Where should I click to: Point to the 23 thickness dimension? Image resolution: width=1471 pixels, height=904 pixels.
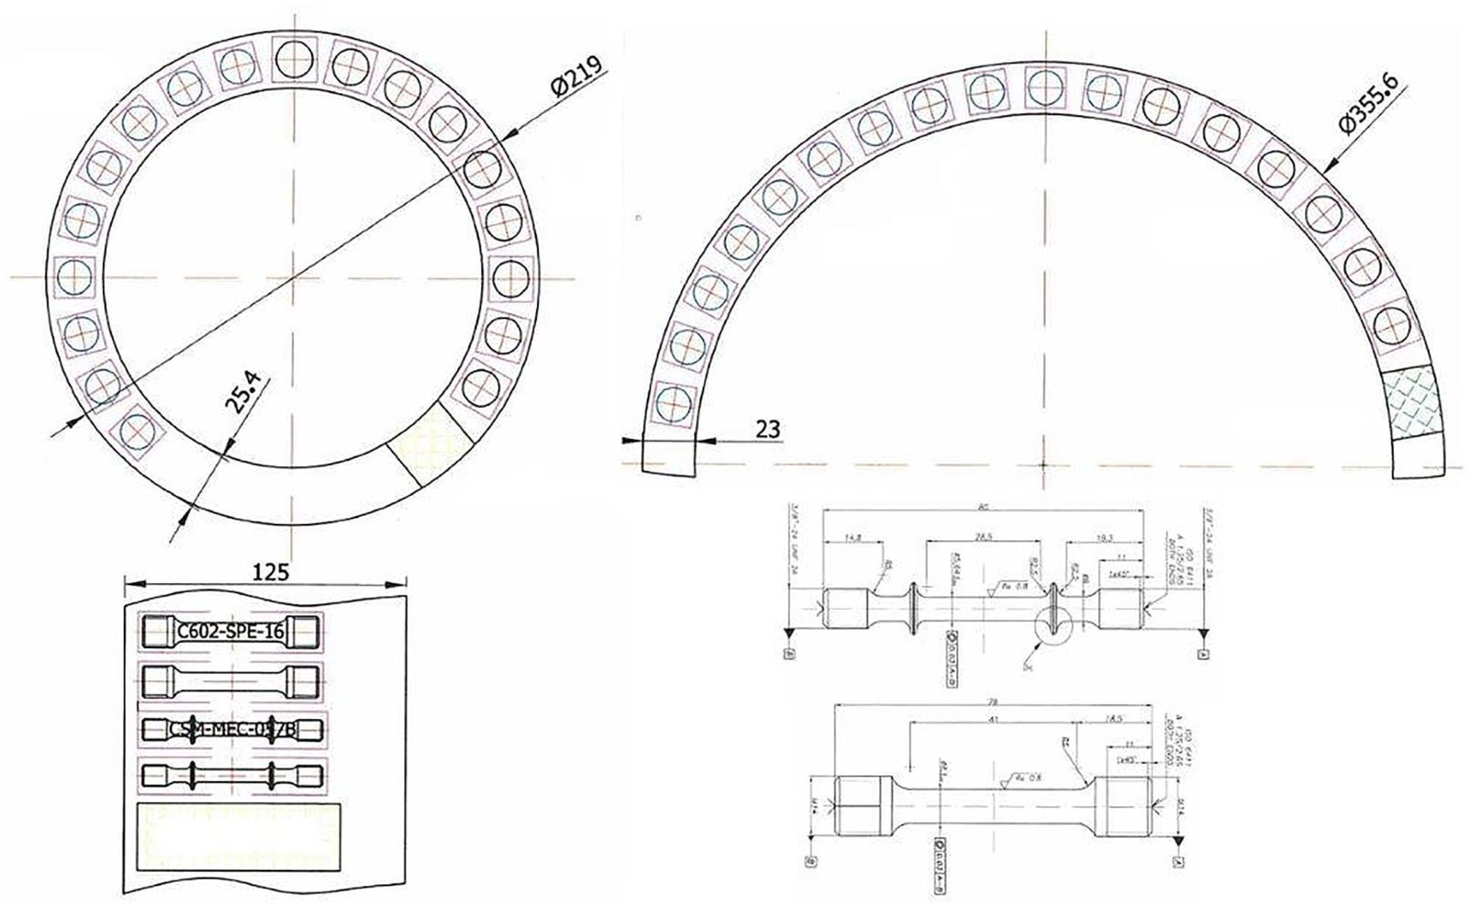[768, 429]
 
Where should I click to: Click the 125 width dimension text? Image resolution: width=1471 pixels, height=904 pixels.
[271, 571]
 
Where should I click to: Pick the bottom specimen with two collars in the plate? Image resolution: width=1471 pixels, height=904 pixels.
[232, 775]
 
